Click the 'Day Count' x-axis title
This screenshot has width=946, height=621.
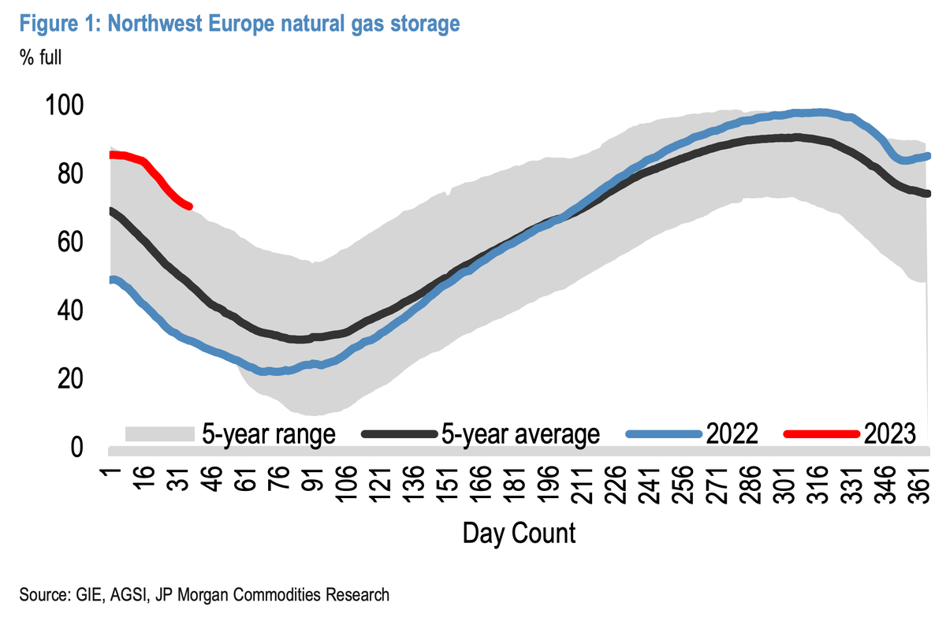pos(519,534)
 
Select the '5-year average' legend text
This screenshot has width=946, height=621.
pos(521,433)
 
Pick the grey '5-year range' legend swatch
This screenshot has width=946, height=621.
pos(159,433)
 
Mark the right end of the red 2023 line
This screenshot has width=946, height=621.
pos(190,206)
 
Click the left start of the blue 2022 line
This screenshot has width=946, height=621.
pos(110,280)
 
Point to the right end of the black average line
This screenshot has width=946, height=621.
pos(929,194)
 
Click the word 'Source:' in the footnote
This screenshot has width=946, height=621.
pos(37,594)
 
